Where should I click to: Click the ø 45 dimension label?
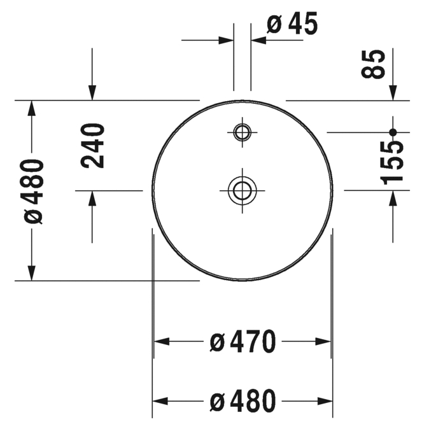(292, 24)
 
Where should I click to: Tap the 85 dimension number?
(373, 64)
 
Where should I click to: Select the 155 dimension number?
(391, 163)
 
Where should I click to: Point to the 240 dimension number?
(92, 146)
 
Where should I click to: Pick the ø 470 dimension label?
(243, 341)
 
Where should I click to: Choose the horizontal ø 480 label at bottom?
(243, 401)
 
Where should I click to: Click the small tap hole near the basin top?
(243, 132)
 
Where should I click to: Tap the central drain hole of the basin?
(243, 190)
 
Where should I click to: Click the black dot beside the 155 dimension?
(393, 132)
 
